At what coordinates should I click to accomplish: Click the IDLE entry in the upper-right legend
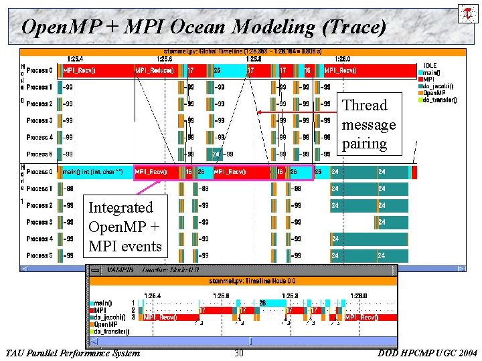pos(430,65)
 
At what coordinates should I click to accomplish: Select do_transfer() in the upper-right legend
pos(440,100)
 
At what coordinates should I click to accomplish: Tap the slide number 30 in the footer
pos(239,353)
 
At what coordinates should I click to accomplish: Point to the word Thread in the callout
pos(364,106)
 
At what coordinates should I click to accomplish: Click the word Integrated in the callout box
pos(120,208)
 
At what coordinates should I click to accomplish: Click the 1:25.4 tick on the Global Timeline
pos(75,59)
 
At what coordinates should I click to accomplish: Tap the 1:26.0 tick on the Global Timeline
pos(341,59)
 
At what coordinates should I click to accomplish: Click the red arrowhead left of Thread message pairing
pos(260,112)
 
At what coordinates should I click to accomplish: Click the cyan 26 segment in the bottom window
pos(262,303)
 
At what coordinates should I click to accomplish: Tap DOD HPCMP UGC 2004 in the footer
pos(428,353)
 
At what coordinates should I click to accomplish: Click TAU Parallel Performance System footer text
pos(72,353)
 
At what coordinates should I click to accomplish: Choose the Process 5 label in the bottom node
pos(39,255)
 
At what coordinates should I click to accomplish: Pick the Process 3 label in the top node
pos(39,120)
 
